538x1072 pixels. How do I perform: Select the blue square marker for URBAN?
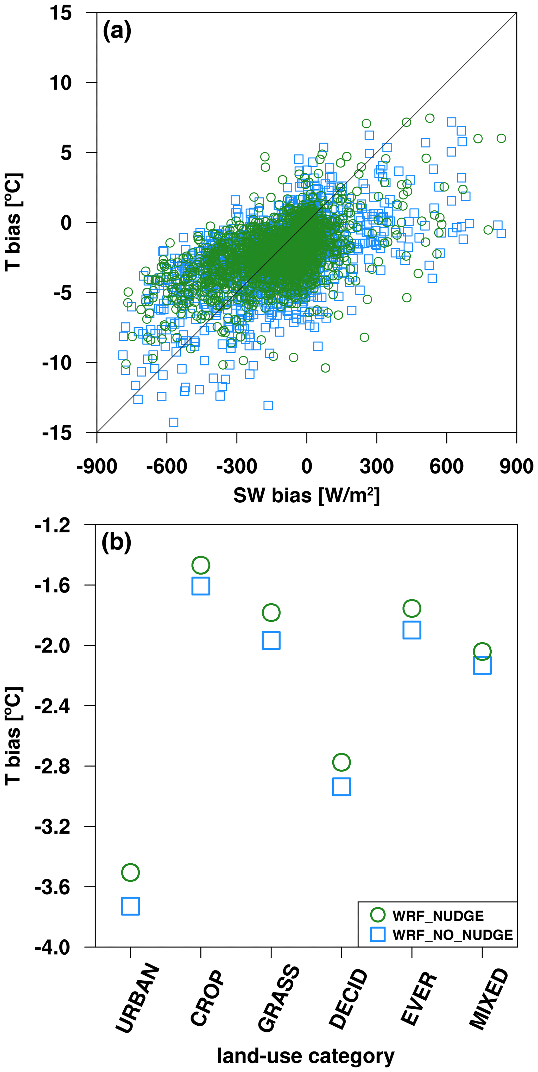click(130, 906)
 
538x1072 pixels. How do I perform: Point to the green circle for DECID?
click(341, 762)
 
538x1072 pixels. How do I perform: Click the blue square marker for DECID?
click(341, 787)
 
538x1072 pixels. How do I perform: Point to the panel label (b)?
click(116, 542)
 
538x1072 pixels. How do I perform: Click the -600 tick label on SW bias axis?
click(167, 466)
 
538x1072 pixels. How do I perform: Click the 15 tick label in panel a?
click(61, 13)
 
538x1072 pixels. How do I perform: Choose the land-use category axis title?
click(306, 1056)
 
